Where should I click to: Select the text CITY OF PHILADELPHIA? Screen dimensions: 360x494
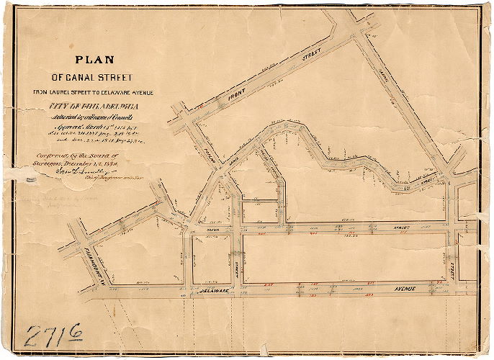(x=91, y=108)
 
